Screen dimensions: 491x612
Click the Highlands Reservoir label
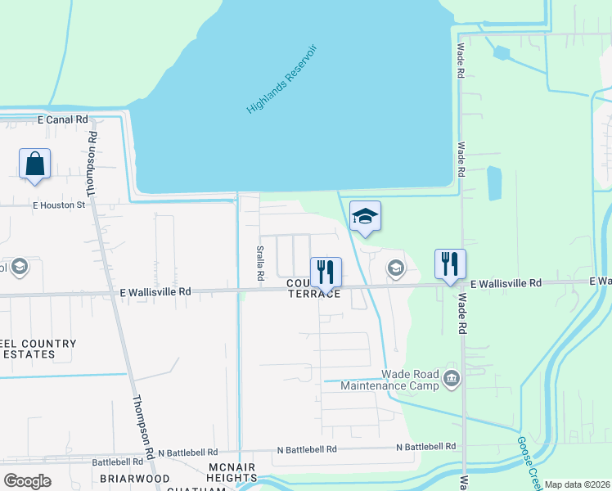pyautogui.click(x=281, y=79)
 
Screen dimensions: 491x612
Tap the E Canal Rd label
pyautogui.click(x=63, y=119)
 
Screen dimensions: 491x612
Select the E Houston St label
pyautogui.click(x=59, y=205)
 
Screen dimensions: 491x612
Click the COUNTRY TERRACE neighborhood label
pyautogui.click(x=313, y=288)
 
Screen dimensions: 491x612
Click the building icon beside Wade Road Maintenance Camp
pyautogui.click(x=452, y=378)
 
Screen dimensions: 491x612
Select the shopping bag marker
pyautogui.click(x=35, y=164)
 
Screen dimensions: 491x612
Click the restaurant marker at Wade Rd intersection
pyautogui.click(x=450, y=264)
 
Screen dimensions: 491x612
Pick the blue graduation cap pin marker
pyautogui.click(x=365, y=217)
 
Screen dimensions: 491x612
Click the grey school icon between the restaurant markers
pyautogui.click(x=395, y=268)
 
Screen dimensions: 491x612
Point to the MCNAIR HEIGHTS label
pyautogui.click(x=232, y=472)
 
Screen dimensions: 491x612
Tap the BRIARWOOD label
pyautogui.click(x=134, y=478)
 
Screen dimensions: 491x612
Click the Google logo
pyautogui.click(x=27, y=481)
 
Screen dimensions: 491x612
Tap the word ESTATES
pyautogui.click(x=29, y=354)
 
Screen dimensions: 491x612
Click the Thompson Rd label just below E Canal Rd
pyautogui.click(x=92, y=163)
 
